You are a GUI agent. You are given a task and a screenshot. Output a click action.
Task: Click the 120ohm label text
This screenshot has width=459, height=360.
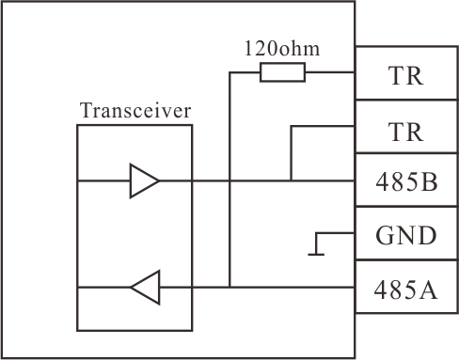[x=282, y=49]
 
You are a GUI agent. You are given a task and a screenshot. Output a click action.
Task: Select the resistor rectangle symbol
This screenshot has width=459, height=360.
[x=282, y=72]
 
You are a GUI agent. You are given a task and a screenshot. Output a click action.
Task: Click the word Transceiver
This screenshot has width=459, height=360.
[x=135, y=110]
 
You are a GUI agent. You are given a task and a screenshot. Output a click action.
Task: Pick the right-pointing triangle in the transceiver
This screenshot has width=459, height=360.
[x=145, y=180]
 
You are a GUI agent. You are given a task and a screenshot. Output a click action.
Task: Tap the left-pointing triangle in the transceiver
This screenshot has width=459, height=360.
[x=146, y=287]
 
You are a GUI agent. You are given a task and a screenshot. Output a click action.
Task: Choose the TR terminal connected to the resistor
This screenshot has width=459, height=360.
[x=406, y=76]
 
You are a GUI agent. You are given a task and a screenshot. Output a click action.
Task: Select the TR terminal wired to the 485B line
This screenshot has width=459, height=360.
[x=406, y=132]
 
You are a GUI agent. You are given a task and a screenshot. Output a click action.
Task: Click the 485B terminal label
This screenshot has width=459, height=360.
[x=406, y=181]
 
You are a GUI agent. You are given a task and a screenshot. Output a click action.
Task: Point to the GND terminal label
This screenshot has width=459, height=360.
[x=406, y=235]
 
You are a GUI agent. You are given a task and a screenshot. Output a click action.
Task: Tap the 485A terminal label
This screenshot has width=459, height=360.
[x=405, y=290]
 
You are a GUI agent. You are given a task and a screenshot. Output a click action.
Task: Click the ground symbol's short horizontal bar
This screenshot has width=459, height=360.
[x=316, y=255]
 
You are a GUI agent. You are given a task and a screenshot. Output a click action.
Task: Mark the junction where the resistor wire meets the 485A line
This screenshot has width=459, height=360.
[x=229, y=287]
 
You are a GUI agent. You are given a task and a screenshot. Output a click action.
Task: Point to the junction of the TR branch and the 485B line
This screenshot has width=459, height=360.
[x=291, y=180]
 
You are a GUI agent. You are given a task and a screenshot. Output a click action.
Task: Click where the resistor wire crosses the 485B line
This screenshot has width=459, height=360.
[x=229, y=180]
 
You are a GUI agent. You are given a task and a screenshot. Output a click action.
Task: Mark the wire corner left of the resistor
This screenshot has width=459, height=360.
[x=229, y=72]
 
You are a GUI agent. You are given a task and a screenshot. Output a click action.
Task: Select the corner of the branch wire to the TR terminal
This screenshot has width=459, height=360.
[x=291, y=126]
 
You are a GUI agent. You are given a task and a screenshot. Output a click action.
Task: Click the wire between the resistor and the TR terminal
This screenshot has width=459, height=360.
[x=330, y=72]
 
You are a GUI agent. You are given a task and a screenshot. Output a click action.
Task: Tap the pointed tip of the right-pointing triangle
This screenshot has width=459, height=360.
[x=159, y=180]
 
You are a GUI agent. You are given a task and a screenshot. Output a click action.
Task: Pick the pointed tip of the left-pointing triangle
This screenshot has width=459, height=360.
[x=131, y=287]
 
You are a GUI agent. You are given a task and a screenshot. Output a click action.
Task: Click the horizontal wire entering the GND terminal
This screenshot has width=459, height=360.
[x=336, y=233]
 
